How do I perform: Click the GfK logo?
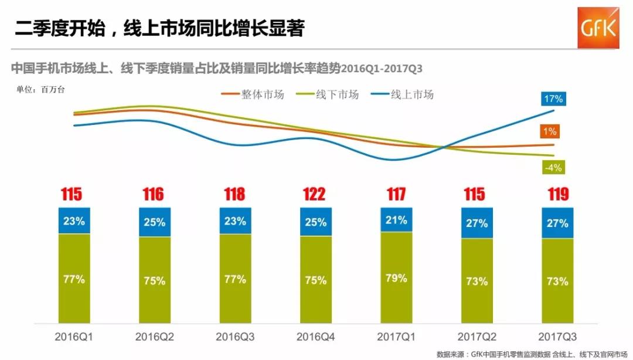click(598, 28)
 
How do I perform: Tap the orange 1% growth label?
click(550, 131)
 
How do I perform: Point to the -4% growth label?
click(553, 168)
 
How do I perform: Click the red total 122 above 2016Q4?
click(315, 195)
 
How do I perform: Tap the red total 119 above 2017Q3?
click(557, 195)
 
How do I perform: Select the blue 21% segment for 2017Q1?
click(396, 220)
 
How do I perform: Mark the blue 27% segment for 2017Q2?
click(477, 223)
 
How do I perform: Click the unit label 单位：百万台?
click(40, 90)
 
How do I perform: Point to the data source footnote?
click(533, 354)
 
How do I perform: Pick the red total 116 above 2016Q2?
click(154, 195)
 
